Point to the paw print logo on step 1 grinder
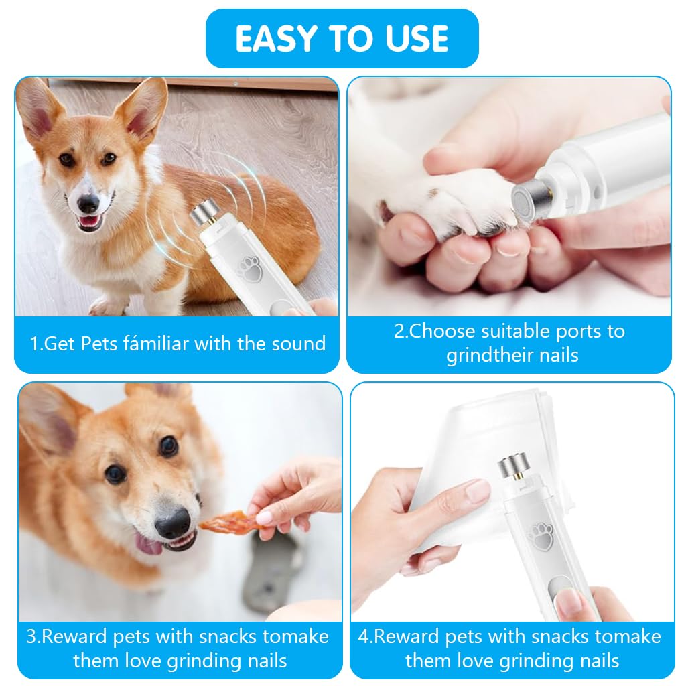click(x=250, y=269)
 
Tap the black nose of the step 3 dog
click(x=174, y=523)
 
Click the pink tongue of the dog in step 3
click(x=148, y=545)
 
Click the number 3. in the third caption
click(x=33, y=636)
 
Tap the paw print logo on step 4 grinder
click(x=541, y=537)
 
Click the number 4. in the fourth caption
click(x=365, y=636)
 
